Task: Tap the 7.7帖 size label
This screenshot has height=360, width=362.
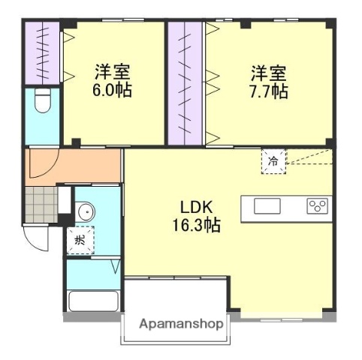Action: [x=269, y=91]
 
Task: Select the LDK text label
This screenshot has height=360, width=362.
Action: [x=198, y=207]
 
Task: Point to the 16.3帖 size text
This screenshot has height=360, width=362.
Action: [x=198, y=224]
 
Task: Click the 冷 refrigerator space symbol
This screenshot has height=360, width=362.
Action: [x=273, y=161]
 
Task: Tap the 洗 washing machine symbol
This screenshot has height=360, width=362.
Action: [x=78, y=241]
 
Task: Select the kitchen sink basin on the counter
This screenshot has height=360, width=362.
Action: [x=267, y=206]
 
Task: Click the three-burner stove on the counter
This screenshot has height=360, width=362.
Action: [x=318, y=205]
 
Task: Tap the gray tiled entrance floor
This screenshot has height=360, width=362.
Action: [x=41, y=201]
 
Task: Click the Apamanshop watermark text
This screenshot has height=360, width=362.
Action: [x=181, y=325]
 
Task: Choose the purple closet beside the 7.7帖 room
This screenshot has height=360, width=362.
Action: [x=184, y=82]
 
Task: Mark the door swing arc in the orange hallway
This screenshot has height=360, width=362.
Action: [x=47, y=166]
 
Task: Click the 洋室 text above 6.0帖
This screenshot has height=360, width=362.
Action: [x=113, y=73]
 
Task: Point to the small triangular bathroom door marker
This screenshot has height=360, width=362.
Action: [x=116, y=267]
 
